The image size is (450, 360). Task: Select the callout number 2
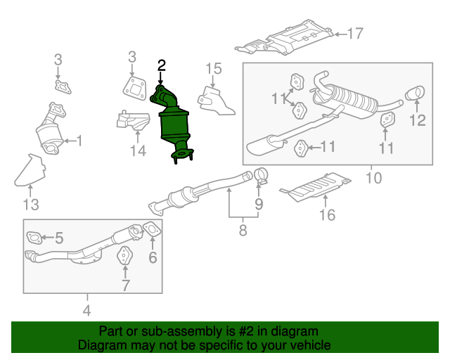coord(162,66)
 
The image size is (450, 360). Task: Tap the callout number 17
coord(354,33)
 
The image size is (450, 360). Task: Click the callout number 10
coord(373,178)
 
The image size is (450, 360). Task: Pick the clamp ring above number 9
coord(261,174)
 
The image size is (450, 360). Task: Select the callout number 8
coord(243,230)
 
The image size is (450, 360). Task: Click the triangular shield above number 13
coord(30,169)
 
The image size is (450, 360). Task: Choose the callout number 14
coord(138,150)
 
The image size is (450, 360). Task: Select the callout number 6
coord(153,257)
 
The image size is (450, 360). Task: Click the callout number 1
coord(79,141)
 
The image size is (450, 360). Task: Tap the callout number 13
coord(30,205)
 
